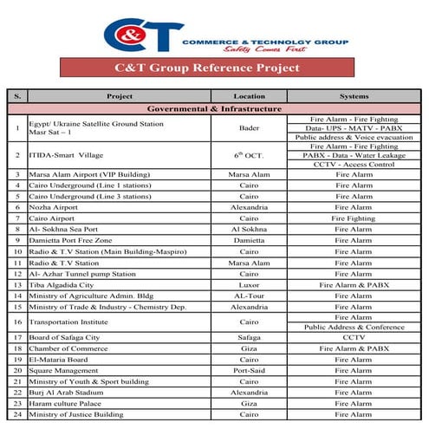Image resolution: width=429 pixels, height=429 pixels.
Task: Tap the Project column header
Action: pyautogui.click(x=119, y=95)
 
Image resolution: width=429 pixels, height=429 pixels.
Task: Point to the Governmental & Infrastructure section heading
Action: pyautogui.click(x=214, y=109)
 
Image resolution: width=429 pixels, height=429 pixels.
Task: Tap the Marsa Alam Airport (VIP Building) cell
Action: pyautogui.click(x=89, y=174)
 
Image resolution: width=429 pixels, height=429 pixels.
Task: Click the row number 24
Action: pyautogui.click(x=17, y=414)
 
